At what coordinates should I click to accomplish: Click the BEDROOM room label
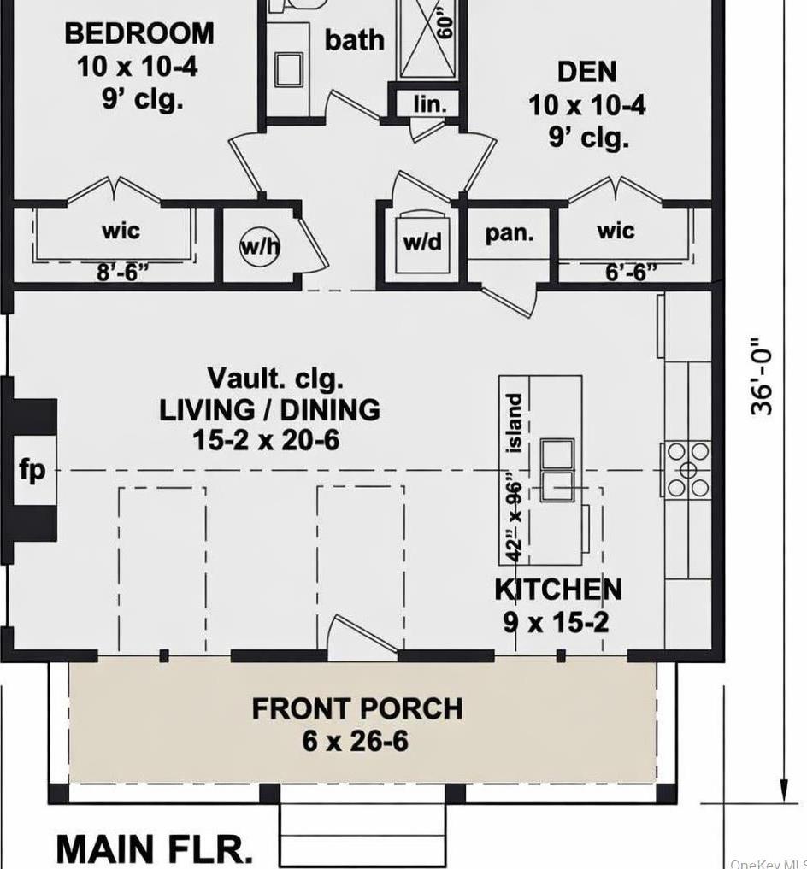coord(139,34)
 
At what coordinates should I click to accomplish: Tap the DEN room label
coord(586,72)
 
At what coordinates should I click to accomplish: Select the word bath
coord(354,39)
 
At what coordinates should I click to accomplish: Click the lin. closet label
coord(430,104)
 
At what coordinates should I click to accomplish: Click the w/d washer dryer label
coord(422,242)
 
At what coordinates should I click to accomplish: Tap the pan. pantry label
coord(510,233)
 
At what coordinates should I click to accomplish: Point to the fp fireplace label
coord(32,470)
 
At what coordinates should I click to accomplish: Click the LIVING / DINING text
coord(269,409)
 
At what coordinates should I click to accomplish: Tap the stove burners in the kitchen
coord(688,469)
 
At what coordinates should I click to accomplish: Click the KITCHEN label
coord(558,590)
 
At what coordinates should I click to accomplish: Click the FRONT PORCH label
coord(356,708)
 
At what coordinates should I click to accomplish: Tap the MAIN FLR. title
coord(155,849)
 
